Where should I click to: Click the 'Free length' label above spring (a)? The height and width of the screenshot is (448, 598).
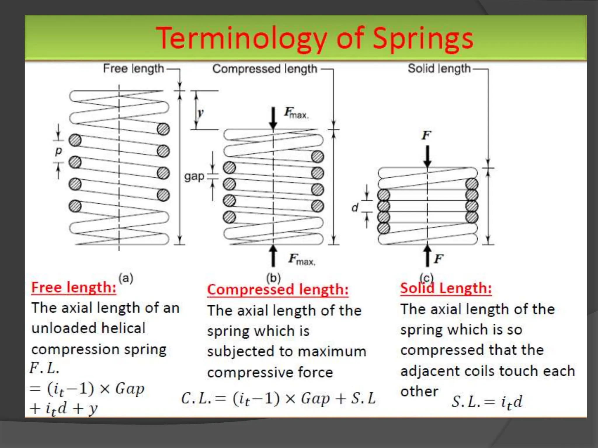[x=133, y=69]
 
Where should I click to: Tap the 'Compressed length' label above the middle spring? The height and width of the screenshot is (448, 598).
[x=265, y=69]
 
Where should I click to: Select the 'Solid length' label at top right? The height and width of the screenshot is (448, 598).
[x=439, y=69]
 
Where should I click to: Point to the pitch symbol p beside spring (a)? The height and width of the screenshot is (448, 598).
[x=59, y=151]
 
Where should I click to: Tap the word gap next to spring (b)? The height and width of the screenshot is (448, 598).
[x=194, y=176]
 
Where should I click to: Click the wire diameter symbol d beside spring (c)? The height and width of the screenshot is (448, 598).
[x=355, y=208]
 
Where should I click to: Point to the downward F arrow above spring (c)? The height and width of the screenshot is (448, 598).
[x=427, y=156]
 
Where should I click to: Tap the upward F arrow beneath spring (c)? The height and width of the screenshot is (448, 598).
[x=427, y=256]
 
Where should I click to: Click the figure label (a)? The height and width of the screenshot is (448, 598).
[x=126, y=278]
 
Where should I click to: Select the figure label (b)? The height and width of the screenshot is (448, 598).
[x=273, y=278]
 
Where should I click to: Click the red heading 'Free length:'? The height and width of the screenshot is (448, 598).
[x=74, y=287]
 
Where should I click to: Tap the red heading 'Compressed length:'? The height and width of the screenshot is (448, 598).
[x=278, y=290]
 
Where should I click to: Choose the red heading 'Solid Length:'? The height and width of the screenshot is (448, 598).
[x=446, y=288]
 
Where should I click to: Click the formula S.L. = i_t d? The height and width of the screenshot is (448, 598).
[x=487, y=402]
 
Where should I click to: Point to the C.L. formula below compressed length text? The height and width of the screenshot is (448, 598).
[x=278, y=398]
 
